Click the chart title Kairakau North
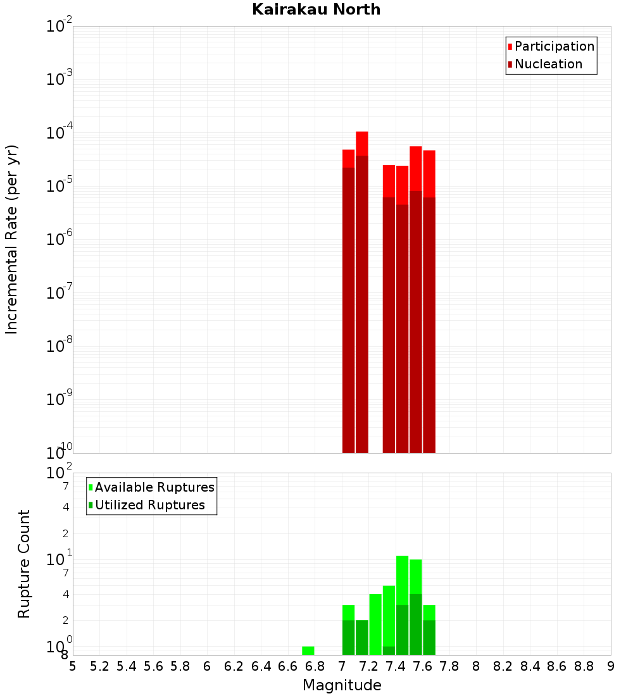[316, 9]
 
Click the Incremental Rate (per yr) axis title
[12, 240]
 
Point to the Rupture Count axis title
[24, 564]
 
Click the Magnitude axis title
[342, 685]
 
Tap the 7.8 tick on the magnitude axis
[449, 666]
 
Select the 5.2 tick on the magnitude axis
[99, 666]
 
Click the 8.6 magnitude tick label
[557, 666]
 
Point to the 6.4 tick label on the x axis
[261, 666]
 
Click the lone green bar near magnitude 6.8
[308, 650]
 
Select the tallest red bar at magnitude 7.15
[362, 291]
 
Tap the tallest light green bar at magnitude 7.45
[402, 580]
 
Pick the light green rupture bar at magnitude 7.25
[375, 624]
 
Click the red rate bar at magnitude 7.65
[429, 301]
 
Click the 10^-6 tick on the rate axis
[60, 239]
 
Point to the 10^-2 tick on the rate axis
[60, 27]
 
